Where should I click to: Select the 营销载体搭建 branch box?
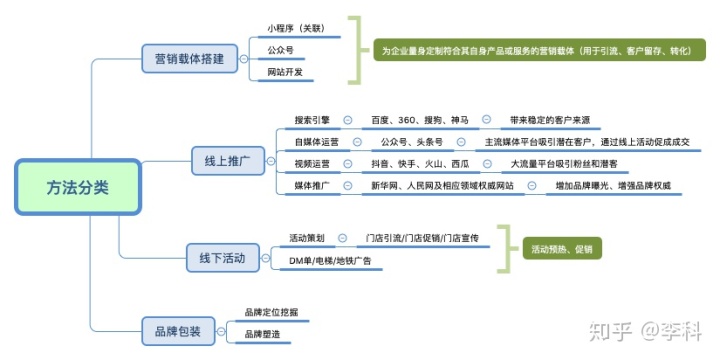pos(189,59)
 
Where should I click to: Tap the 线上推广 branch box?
pos(227,159)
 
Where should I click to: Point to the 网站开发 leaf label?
pos(285,72)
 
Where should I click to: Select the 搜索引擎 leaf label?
pos(311,119)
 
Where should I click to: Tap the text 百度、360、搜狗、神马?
pos(419,119)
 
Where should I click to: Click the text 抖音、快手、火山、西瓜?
pos(420,163)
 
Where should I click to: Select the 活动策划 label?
pos(306,238)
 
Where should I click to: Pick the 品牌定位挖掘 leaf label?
pos(270,313)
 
